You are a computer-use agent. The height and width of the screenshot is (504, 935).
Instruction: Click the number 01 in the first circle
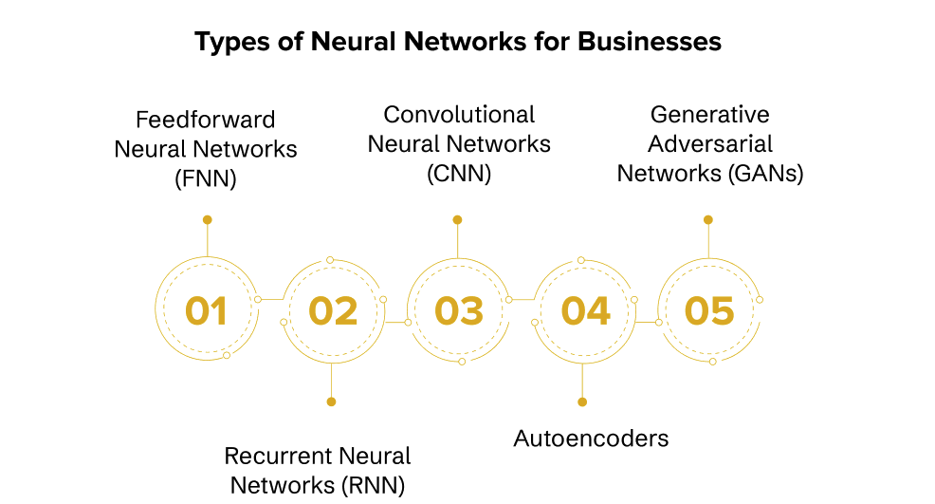206,311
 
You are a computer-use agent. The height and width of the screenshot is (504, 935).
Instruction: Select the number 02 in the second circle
332,311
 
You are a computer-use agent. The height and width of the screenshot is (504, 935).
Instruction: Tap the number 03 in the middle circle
459,311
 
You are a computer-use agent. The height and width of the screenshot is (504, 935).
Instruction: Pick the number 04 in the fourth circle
585,311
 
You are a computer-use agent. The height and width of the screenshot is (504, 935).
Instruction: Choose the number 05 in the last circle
709,311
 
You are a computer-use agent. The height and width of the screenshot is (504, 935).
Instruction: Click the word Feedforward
206,120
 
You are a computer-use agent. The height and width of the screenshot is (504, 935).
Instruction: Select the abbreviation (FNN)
206,179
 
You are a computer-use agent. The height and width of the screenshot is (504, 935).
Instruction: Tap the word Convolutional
459,115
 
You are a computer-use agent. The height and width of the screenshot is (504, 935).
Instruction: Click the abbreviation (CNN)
459,174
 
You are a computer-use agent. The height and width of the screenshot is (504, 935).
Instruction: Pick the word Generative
709,115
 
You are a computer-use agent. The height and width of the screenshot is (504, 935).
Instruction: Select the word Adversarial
709,144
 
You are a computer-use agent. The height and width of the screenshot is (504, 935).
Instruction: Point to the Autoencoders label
591,438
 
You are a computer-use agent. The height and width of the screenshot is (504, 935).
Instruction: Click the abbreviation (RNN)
371,485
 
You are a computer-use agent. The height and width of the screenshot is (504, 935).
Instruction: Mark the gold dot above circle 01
207,219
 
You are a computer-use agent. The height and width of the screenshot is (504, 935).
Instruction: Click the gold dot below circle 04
582,401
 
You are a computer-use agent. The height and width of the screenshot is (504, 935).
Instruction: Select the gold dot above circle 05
707,219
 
